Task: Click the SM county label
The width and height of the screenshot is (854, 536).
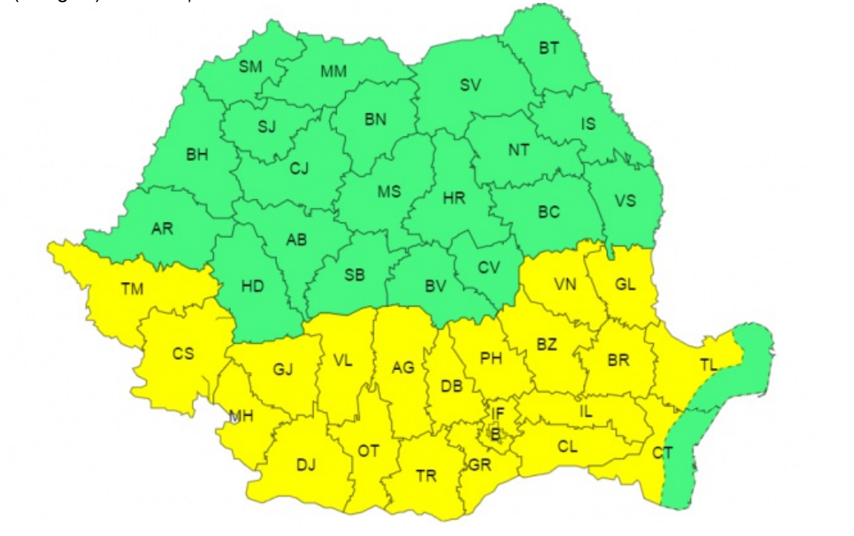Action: [250, 67]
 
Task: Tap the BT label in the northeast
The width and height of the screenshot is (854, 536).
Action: [549, 48]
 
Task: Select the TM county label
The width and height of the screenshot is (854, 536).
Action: [132, 288]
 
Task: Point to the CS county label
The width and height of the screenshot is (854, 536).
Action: [183, 353]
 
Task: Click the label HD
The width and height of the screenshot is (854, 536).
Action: [253, 287]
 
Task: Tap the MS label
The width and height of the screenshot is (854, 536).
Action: [389, 191]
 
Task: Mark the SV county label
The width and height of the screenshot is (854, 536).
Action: [470, 86]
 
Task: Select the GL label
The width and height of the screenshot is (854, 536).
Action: [625, 285]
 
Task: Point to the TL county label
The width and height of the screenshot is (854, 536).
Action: [708, 364]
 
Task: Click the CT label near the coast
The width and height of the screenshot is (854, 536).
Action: [662, 453]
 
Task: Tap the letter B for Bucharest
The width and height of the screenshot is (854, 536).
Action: [496, 435]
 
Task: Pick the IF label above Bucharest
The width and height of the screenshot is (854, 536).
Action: [498, 412]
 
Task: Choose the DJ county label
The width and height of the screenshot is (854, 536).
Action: [306, 463]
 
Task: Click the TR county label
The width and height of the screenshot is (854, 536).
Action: [426, 476]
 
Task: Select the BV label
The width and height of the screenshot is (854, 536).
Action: [435, 286]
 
